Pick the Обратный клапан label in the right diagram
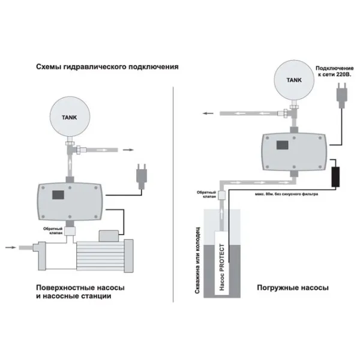tap(205, 195)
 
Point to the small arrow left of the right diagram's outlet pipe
tap(206, 113)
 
